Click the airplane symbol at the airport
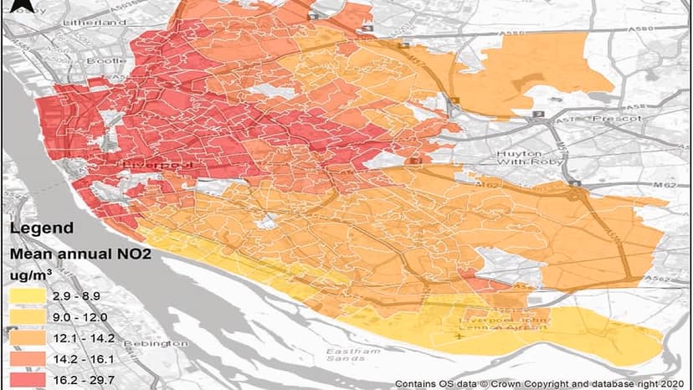(x=459, y=336)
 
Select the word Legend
(x=41, y=228)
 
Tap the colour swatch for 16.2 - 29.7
(x=29, y=379)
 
